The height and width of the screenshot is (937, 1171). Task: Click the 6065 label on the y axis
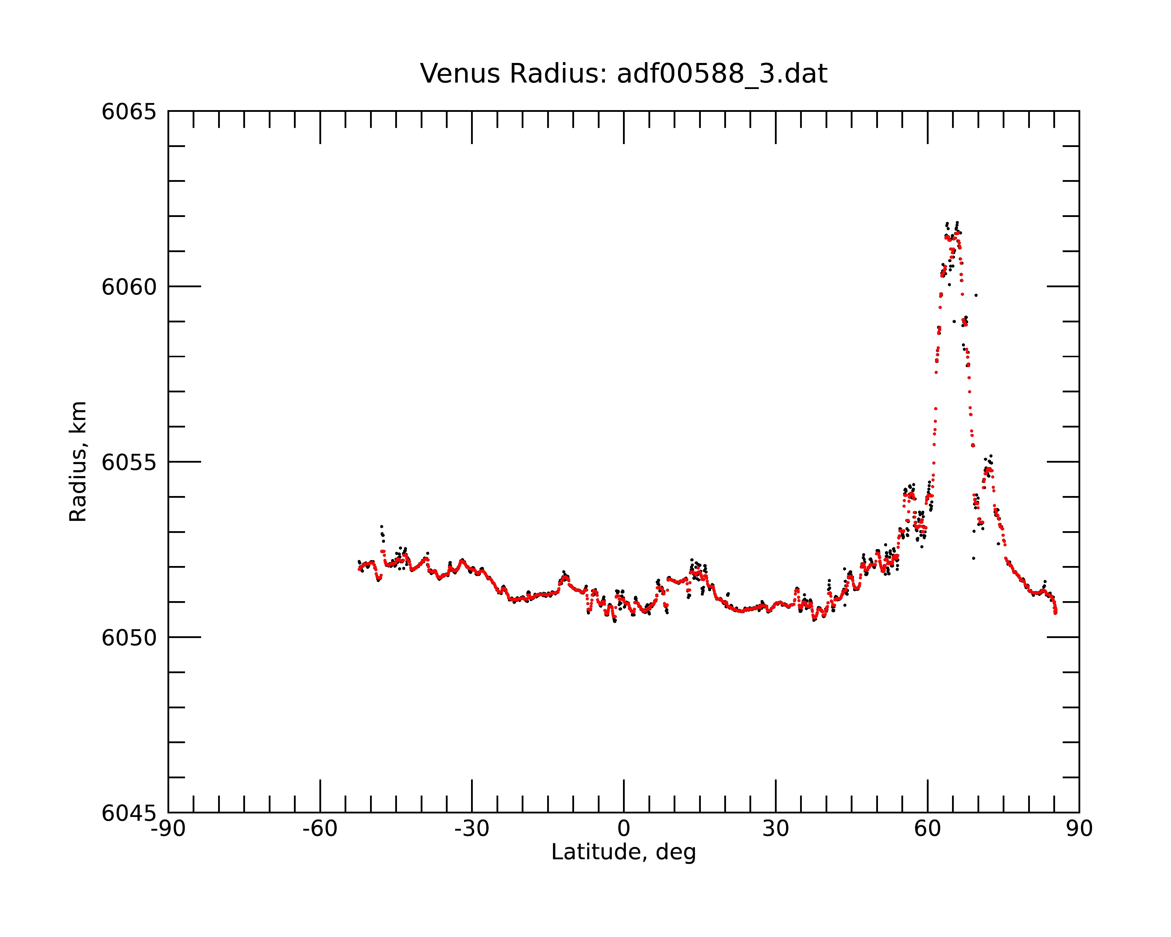[x=129, y=112]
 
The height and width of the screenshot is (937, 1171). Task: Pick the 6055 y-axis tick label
[x=129, y=462]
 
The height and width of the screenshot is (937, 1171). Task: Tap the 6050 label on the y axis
[x=129, y=638]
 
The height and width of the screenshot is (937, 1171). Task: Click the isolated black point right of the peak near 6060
[x=976, y=295]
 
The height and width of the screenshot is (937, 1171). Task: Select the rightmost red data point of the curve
[x=1055, y=613]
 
